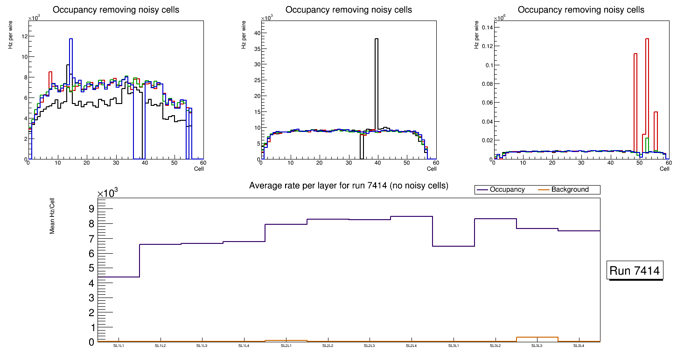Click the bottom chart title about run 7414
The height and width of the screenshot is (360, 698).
[349, 186]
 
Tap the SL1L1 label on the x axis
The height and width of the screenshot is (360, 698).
[119, 346]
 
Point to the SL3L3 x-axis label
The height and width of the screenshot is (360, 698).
[537, 346]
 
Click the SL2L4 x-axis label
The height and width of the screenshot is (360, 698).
[411, 346]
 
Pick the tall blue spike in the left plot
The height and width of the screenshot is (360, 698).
[71, 70]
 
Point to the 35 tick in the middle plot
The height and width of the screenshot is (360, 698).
[256, 48]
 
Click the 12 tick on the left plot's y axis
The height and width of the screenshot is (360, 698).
[24, 36]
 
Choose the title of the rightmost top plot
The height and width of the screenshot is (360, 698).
[581, 10]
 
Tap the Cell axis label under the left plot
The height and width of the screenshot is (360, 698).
[199, 169]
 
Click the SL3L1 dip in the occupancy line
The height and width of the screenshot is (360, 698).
[454, 246]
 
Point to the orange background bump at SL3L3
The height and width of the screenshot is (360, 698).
[537, 337]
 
